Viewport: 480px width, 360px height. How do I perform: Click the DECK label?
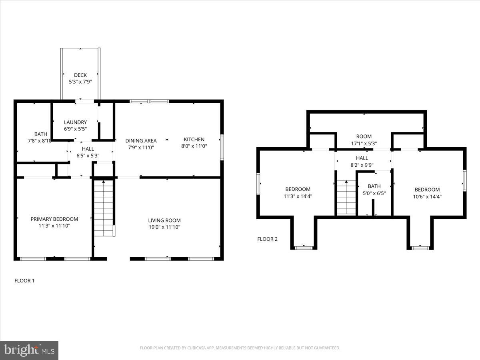tap(80, 75)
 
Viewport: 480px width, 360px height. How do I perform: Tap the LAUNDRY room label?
tap(75, 122)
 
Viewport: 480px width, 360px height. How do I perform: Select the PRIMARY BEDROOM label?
tap(54, 219)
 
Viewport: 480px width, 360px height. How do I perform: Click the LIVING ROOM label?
tap(164, 220)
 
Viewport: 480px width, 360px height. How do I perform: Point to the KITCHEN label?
tap(194, 140)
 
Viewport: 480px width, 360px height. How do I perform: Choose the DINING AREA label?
tap(141, 141)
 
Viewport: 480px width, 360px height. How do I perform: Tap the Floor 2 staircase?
tap(346, 198)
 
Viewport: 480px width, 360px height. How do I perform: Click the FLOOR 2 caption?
tap(267, 239)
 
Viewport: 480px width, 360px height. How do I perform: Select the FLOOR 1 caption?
tap(24, 281)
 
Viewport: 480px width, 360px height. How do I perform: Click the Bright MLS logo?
tap(29, 350)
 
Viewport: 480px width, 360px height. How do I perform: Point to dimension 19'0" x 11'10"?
tap(164, 227)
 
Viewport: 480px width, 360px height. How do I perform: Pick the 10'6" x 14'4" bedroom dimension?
tap(427, 196)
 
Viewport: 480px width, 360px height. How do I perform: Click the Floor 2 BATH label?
tap(374, 186)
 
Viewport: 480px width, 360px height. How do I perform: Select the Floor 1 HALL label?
tap(88, 149)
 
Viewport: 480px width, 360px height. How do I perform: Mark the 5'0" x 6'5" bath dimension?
tap(374, 193)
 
